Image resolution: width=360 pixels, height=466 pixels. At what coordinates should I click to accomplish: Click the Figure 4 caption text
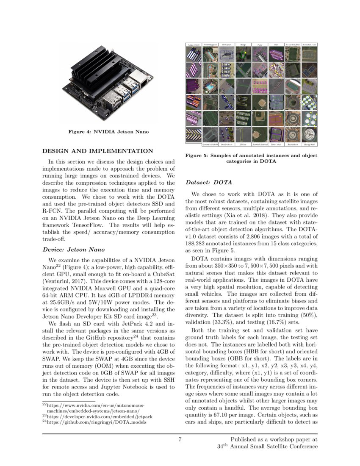pyautogui.click(x=108, y=132)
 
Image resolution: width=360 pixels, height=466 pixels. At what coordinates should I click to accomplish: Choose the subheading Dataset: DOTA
pyautogui.click(x=209, y=183)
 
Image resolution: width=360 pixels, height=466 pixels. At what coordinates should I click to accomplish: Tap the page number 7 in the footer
pyautogui.click(x=180, y=439)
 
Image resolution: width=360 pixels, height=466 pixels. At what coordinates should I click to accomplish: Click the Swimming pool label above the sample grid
pyautogui.click(x=210, y=44)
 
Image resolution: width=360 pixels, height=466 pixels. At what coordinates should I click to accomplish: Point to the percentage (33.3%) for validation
pyautogui.click(x=226, y=309)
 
